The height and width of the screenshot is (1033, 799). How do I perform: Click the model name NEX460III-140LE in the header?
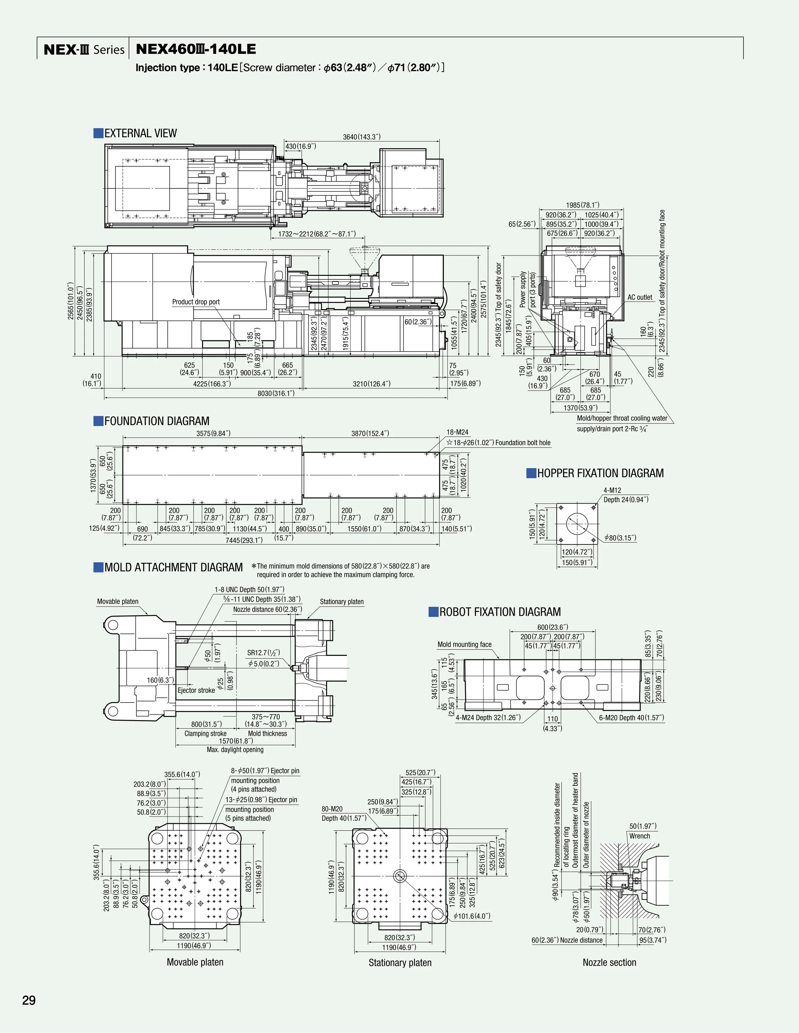[196, 49]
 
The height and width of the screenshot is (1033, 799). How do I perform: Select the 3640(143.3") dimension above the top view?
[362, 137]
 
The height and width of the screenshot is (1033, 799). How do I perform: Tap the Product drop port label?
[196, 302]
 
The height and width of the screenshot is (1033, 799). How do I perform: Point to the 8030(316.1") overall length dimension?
[276, 393]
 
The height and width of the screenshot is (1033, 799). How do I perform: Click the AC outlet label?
[640, 297]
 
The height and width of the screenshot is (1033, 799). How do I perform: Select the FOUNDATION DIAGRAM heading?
[156, 421]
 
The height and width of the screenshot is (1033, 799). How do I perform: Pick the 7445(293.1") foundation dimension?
[244, 540]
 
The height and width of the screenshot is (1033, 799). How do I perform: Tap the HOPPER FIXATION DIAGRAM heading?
[600, 473]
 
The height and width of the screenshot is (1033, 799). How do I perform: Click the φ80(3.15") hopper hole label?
[620, 538]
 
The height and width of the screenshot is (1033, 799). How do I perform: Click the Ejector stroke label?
[196, 690]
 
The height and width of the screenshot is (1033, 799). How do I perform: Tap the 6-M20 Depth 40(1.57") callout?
[632, 718]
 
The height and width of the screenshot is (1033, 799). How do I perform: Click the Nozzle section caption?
[609, 962]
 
